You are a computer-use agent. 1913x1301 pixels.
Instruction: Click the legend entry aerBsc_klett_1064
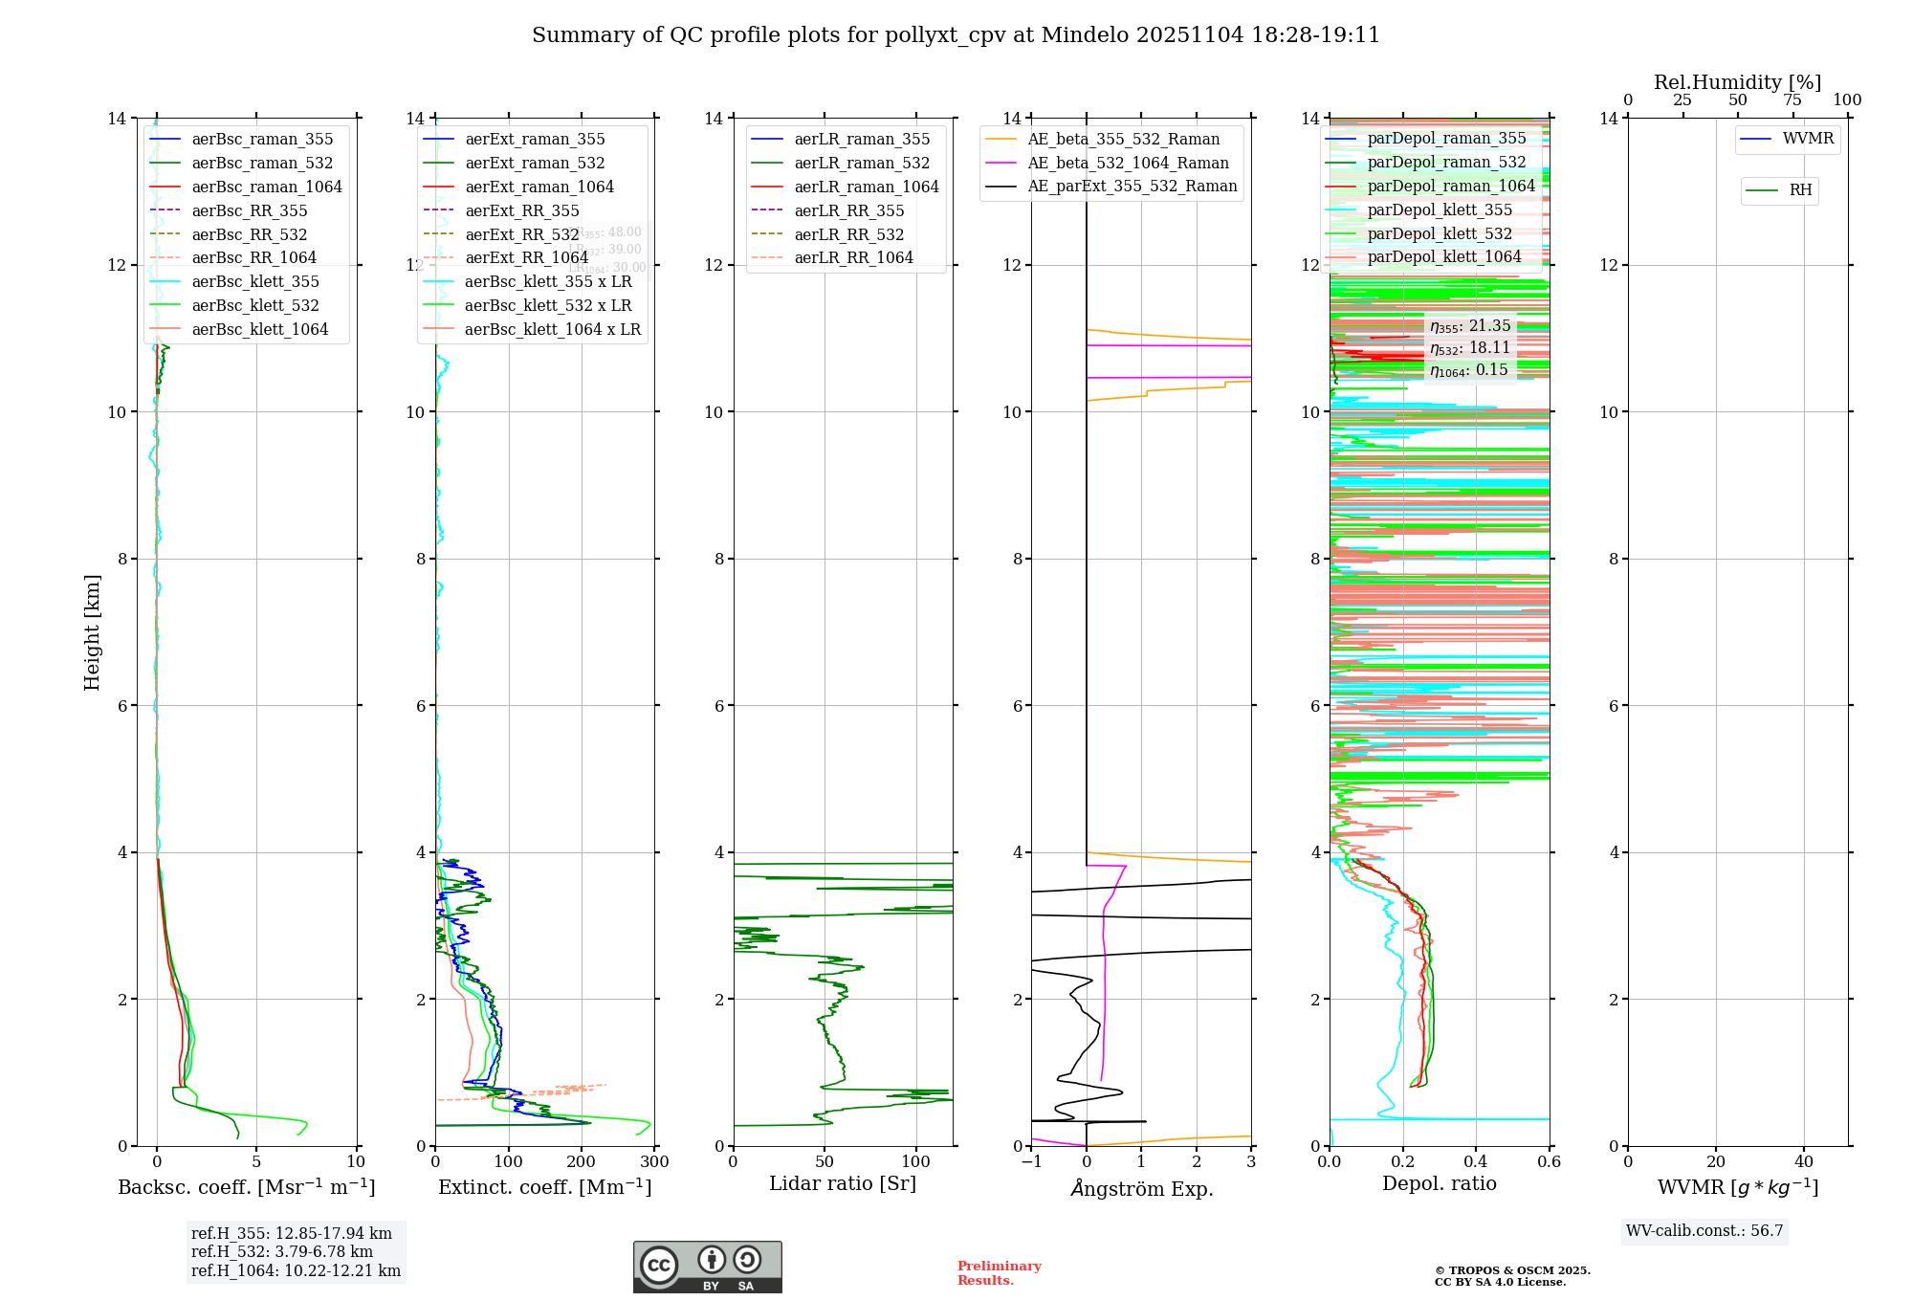[x=259, y=329]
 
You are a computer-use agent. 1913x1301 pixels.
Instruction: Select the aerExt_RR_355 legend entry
[x=521, y=210]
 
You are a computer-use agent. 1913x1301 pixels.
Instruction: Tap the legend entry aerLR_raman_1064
[x=866, y=187]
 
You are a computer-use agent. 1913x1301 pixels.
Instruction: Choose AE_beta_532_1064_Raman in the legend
[x=1128, y=163]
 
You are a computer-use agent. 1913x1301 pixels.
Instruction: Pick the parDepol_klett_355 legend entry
[x=1440, y=209]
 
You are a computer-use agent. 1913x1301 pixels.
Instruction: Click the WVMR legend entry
[x=1808, y=139]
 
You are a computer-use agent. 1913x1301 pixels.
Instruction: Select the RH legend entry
[x=1800, y=190]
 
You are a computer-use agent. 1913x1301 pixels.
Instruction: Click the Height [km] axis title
[x=92, y=631]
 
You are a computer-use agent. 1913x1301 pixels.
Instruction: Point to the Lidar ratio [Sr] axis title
[x=843, y=1183]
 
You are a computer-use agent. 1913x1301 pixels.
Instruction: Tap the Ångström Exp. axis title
[x=1141, y=1188]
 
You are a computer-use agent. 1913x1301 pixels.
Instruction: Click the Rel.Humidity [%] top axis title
[x=1737, y=82]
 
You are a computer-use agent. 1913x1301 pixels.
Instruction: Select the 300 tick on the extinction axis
[x=654, y=1162]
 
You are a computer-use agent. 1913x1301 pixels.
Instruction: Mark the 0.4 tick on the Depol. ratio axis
[x=1476, y=1162]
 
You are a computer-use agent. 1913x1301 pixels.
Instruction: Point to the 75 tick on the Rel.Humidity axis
[x=1792, y=100]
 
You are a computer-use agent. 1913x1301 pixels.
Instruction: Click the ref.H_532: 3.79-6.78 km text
[x=282, y=1252]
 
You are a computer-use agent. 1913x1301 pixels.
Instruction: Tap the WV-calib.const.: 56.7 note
[x=1704, y=1231]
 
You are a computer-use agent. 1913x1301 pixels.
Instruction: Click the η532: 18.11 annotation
[x=1470, y=348]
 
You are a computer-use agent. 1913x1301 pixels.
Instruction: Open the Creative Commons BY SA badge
[x=707, y=1268]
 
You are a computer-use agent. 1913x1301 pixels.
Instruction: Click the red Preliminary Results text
[x=999, y=1273]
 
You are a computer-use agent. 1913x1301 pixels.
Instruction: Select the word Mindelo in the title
[x=1085, y=35]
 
